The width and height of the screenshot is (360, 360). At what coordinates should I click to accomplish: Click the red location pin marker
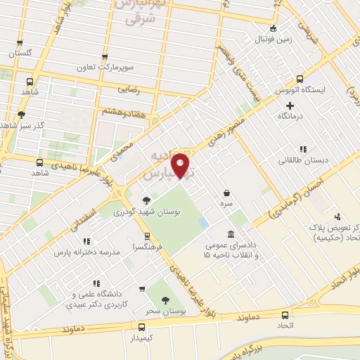pyautogui.click(x=181, y=166)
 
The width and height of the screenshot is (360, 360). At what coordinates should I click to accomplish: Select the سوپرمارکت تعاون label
pyautogui.click(x=105, y=69)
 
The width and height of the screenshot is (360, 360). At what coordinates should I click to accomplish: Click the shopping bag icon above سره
pyautogui.click(x=226, y=193)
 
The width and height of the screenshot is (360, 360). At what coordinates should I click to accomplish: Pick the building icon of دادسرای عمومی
pyautogui.click(x=231, y=234)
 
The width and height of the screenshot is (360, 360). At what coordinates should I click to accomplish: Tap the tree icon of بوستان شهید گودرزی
pyautogui.click(x=146, y=200)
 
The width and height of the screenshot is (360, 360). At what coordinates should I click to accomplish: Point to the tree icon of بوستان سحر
pyautogui.click(x=165, y=300)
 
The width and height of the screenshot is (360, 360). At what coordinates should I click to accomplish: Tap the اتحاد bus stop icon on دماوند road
pyautogui.click(x=284, y=315)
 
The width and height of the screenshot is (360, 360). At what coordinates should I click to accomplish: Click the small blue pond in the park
pyautogui.click(x=202, y=222)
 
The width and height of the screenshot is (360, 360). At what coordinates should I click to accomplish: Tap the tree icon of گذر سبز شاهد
pyautogui.click(x=22, y=115)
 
